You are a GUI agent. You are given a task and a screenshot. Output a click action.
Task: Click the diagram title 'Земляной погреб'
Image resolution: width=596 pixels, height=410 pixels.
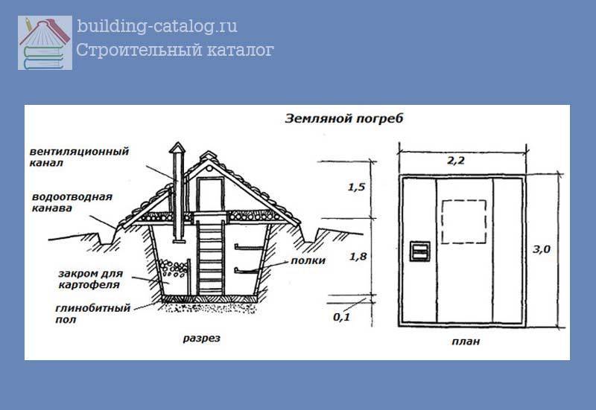[x=343, y=119]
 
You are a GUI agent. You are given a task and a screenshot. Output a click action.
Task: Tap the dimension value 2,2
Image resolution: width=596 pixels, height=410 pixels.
[x=456, y=161]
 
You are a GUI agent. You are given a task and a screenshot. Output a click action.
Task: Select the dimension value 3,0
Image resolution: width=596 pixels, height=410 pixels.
[x=542, y=249]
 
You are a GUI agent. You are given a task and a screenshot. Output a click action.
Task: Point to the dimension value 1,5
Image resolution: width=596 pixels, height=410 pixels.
[x=356, y=187]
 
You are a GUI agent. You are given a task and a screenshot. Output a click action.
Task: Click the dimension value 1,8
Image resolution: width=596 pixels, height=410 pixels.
[x=358, y=257]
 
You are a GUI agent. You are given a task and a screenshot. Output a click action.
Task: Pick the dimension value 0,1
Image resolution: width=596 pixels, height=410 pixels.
[x=341, y=316]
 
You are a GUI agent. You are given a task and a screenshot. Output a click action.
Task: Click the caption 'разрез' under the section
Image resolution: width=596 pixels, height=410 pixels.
[x=201, y=339]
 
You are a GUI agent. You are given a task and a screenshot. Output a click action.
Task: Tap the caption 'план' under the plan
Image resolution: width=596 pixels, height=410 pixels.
[x=466, y=342]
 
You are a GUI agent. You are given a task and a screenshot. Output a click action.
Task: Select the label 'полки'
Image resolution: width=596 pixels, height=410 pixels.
[x=308, y=260]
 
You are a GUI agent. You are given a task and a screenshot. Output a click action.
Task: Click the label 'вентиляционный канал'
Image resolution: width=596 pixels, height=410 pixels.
[x=79, y=157]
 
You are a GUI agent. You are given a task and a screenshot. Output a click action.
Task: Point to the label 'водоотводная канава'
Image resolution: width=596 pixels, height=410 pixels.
[x=72, y=202]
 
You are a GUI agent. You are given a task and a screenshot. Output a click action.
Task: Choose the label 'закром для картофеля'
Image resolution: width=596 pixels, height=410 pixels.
[x=90, y=279]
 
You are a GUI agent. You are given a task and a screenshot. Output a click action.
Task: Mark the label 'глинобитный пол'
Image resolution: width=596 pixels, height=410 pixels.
[x=92, y=313]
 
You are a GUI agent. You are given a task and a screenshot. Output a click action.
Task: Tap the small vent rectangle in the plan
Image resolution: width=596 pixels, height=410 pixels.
[x=419, y=251]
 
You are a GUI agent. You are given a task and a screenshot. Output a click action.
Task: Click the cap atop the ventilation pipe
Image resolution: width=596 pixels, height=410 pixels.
[x=177, y=148]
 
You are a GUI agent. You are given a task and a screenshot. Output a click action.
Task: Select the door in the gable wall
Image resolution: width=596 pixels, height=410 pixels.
[x=209, y=195]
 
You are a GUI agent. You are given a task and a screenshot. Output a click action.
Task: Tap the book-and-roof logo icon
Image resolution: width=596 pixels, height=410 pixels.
[x=45, y=43]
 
